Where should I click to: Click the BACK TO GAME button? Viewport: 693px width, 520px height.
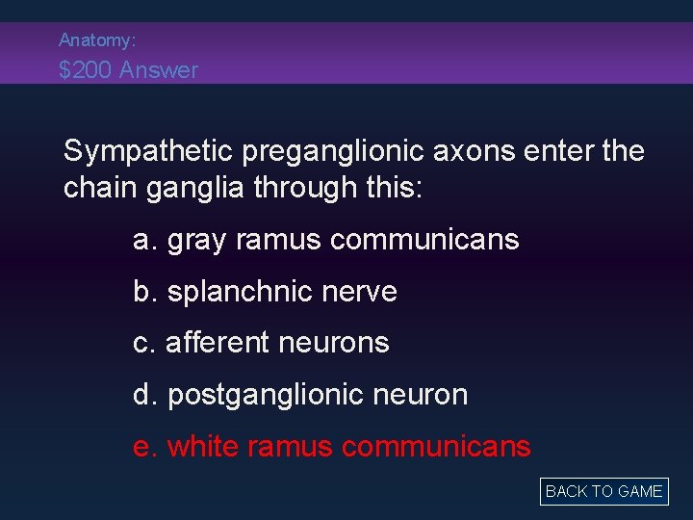tap(603, 491)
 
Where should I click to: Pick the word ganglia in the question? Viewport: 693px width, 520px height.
tap(197, 188)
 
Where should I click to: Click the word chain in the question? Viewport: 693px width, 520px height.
tap(101, 188)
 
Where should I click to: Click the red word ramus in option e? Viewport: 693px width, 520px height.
tap(290, 447)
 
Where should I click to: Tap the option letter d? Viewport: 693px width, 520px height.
tap(142, 395)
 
